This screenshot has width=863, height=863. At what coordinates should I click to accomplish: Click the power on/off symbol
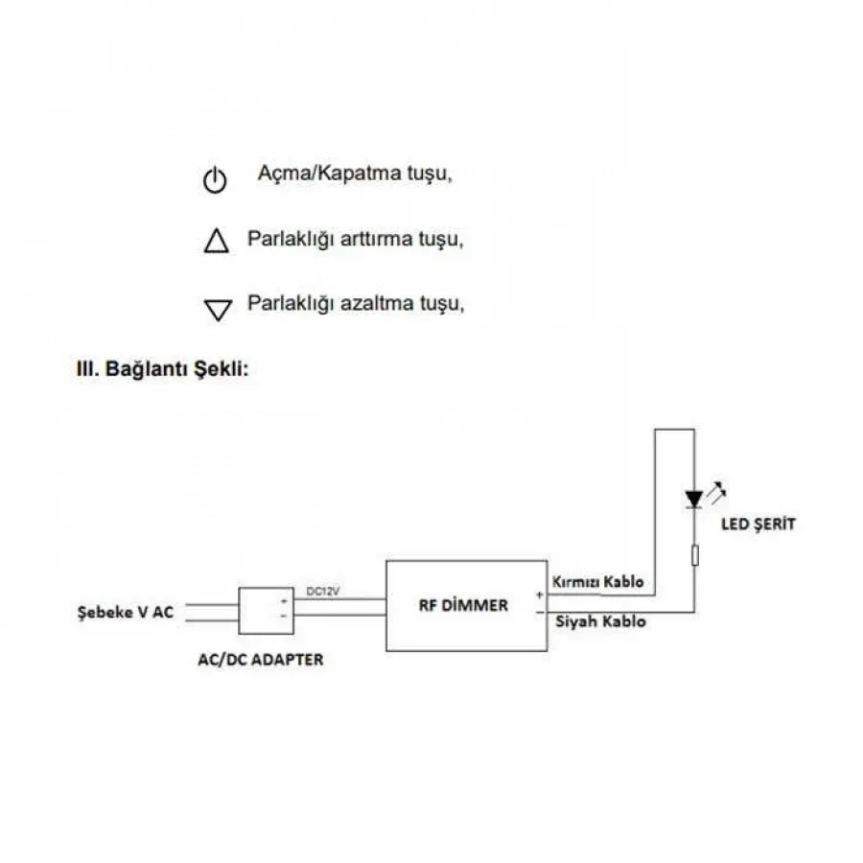tap(215, 180)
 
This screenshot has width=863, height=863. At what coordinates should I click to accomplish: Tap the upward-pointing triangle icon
tap(217, 241)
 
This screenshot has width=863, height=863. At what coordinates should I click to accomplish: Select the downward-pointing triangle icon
tap(218, 310)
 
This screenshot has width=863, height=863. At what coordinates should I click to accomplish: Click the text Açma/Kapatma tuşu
tap(355, 174)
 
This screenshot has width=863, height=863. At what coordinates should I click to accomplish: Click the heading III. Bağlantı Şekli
tap(162, 369)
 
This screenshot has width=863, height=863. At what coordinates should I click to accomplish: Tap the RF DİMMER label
tap(463, 605)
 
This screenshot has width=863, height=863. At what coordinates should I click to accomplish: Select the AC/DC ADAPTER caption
tap(260, 660)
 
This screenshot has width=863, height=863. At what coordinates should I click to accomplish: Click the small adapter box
tap(266, 611)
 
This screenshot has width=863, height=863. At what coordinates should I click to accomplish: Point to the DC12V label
tap(322, 592)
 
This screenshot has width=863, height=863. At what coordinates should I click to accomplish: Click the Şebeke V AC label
tap(126, 612)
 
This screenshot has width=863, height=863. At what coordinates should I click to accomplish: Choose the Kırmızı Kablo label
tap(597, 582)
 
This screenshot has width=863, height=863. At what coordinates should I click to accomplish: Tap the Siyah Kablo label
tap(600, 621)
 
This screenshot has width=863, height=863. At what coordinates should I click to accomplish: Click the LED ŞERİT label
tap(758, 524)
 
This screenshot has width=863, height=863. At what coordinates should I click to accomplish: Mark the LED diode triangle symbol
tap(694, 500)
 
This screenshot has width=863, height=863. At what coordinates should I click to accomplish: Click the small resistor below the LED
tap(694, 555)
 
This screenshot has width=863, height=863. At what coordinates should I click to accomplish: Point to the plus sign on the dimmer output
tap(539, 595)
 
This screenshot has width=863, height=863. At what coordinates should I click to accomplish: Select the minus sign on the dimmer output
tap(540, 612)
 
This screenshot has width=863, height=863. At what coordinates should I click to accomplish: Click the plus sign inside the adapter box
tap(284, 601)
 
